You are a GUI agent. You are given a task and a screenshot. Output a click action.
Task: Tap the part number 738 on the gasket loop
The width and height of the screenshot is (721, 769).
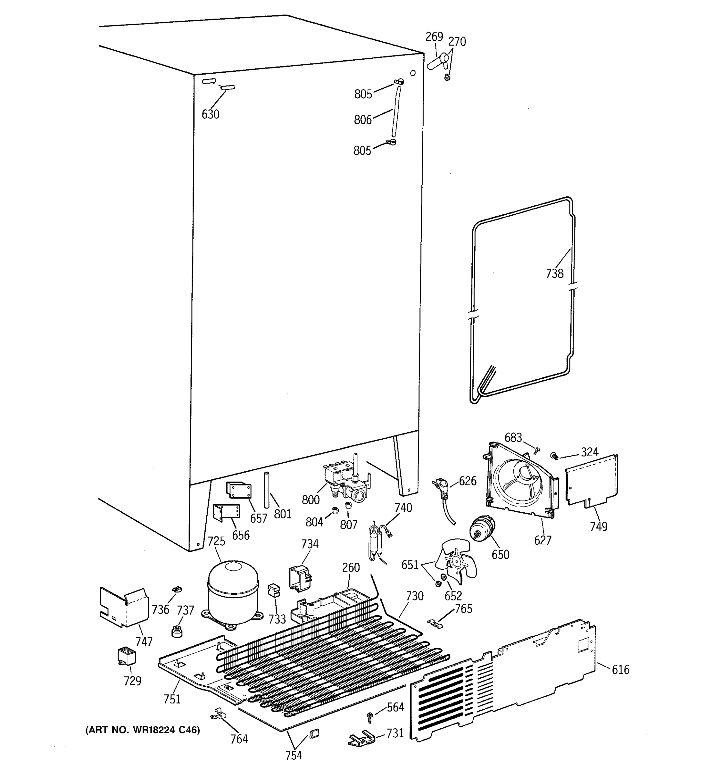[554, 274]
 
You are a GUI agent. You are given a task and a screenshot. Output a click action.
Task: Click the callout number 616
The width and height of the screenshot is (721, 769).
[620, 670]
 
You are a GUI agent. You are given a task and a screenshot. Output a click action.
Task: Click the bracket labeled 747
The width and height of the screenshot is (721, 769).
[124, 607]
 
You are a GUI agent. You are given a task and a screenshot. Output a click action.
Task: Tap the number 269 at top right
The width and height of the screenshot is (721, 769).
[434, 37]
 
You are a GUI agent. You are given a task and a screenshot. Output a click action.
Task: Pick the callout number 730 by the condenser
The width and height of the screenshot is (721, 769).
[415, 596]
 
